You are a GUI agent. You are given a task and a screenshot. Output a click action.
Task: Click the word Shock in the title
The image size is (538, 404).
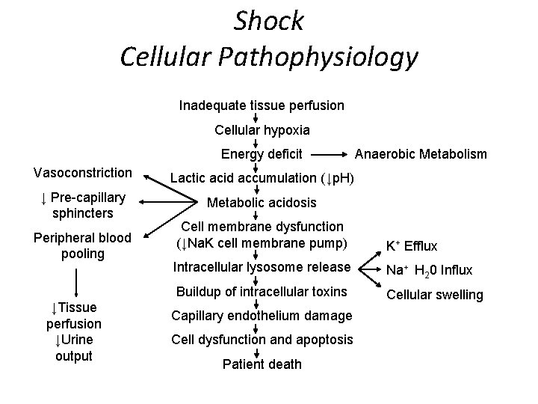point(269,20)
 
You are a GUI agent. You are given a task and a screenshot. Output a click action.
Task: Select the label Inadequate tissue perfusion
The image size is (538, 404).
point(262,105)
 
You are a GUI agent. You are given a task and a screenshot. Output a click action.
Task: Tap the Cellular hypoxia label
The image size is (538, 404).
point(262,130)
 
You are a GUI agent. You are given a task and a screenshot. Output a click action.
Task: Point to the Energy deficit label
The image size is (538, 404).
point(262,155)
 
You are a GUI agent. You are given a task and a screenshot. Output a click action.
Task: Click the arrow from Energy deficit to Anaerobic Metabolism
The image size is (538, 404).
point(328,155)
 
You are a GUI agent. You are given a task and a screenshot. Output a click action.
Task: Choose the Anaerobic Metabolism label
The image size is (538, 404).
point(420,155)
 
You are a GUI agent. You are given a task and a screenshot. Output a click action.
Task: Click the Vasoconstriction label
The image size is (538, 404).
point(83,173)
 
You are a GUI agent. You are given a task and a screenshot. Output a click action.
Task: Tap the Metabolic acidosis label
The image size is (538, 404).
point(262,203)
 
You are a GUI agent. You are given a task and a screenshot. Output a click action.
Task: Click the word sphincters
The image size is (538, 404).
point(83,213)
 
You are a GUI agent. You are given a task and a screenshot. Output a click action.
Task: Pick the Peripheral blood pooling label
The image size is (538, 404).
point(83,245)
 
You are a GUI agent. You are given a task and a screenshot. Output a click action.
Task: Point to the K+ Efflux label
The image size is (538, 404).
point(411,245)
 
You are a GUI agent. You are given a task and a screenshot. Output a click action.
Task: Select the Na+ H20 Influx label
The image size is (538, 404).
point(430,270)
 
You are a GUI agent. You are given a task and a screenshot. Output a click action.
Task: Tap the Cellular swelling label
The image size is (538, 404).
point(434,295)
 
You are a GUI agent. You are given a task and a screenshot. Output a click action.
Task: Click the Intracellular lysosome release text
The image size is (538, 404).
point(261,267)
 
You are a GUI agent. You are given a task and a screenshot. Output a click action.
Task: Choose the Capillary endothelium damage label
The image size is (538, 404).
point(262,315)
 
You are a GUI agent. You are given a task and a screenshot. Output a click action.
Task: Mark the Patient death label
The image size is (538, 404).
point(262,364)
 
